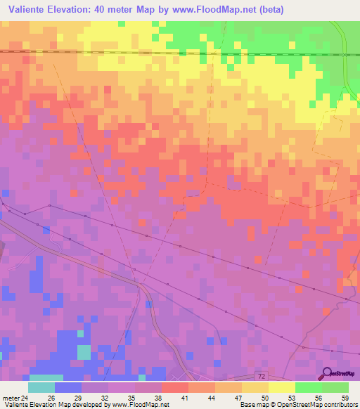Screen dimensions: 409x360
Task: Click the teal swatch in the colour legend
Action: pos(41,387)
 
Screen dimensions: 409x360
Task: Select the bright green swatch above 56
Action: pos(309,387)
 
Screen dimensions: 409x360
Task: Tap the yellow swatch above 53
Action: pos(282,387)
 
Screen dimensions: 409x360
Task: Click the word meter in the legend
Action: pos(11,397)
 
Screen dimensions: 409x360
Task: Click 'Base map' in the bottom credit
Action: pos(253,405)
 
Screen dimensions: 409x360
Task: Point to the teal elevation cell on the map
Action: pos(84,352)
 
